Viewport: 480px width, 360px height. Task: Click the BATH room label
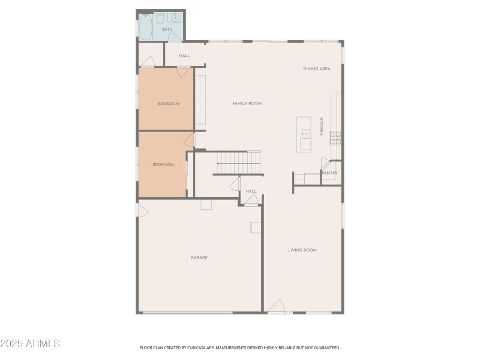click(x=167, y=29)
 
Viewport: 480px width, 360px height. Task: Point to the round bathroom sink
click(x=175, y=17)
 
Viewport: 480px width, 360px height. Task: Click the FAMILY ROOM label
click(x=247, y=104)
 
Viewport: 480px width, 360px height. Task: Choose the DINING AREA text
click(x=317, y=69)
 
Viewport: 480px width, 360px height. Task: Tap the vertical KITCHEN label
click(x=321, y=126)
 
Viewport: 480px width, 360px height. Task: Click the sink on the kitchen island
click(x=305, y=133)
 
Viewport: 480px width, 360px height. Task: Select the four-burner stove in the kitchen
click(x=336, y=138)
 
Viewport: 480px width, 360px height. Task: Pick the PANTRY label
click(x=330, y=173)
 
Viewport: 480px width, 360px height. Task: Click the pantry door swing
click(x=325, y=164)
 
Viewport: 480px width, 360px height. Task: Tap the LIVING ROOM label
click(x=302, y=250)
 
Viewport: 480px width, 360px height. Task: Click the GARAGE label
click(x=199, y=258)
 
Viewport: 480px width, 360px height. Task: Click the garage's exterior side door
click(x=142, y=209)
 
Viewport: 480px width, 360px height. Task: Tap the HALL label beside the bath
click(x=184, y=56)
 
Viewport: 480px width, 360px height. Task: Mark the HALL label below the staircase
click(x=251, y=191)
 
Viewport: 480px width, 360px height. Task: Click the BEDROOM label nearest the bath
click(x=169, y=104)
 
